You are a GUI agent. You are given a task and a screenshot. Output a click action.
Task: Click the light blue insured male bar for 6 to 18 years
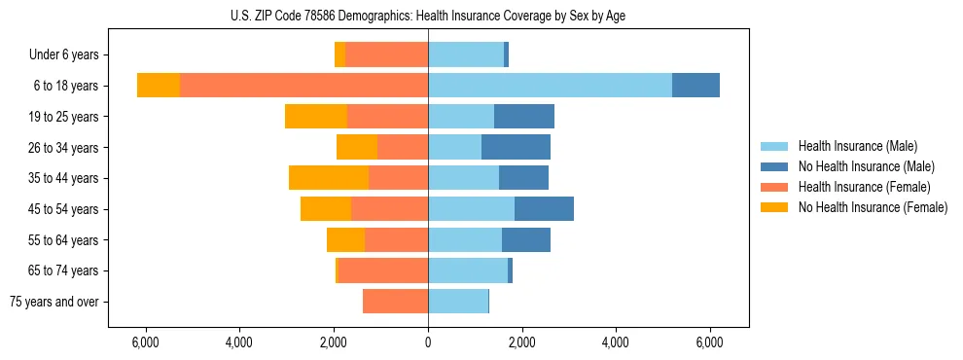pyautogui.click(x=550, y=86)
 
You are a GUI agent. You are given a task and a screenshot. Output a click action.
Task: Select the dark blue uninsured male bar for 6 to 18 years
pyautogui.click(x=695, y=86)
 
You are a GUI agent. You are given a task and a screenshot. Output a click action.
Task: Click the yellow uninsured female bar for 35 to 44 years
pyautogui.click(x=329, y=178)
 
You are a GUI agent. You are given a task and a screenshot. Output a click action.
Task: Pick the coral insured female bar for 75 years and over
pyautogui.click(x=395, y=302)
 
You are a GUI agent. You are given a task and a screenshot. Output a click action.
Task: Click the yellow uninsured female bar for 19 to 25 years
pyautogui.click(x=316, y=117)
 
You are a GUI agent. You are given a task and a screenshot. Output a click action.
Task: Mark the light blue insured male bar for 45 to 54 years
pyautogui.click(x=471, y=209)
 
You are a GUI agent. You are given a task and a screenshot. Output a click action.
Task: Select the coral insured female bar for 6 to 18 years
pyautogui.click(x=303, y=86)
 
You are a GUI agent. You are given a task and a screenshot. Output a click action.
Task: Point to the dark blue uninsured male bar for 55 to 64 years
pyautogui.click(x=526, y=239)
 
